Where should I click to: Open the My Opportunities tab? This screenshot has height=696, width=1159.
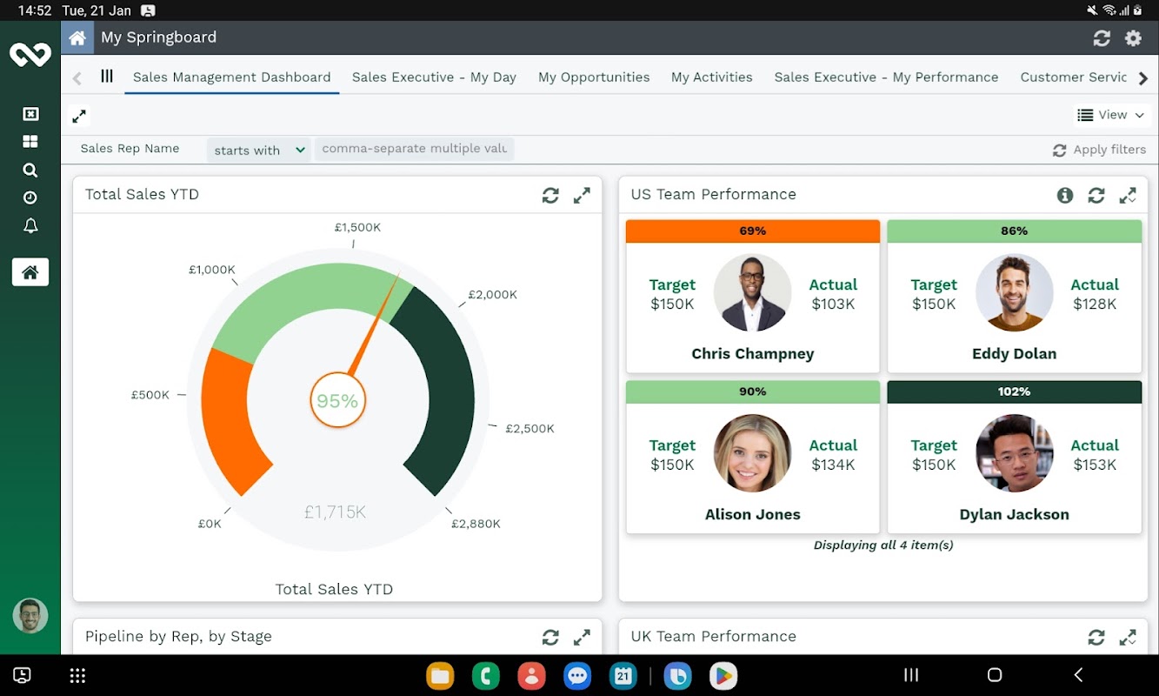point(594,77)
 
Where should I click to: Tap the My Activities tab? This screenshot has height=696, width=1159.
point(711,77)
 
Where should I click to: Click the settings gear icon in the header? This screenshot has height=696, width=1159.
point(1133,38)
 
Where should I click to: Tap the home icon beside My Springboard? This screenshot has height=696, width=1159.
point(77,38)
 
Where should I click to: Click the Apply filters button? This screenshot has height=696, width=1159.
point(1099,150)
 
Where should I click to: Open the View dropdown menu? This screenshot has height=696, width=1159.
point(1110,115)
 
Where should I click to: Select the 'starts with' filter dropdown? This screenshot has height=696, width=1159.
point(259,150)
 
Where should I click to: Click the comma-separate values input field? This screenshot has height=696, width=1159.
point(414,149)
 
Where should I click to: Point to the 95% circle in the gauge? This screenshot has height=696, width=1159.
point(337,401)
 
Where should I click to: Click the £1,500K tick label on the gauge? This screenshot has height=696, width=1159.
point(357,227)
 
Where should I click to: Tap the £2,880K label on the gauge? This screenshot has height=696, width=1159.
point(476,524)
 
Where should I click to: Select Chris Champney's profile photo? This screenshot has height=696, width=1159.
point(752,293)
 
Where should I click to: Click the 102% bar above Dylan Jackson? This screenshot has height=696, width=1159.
point(1014,391)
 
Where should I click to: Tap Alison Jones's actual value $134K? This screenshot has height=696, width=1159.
point(833,465)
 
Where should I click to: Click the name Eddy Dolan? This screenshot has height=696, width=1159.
point(1014,354)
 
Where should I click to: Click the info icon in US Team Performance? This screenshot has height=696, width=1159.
point(1065,196)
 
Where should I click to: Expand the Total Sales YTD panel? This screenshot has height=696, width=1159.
point(582,196)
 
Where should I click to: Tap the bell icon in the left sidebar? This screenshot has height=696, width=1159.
point(30,226)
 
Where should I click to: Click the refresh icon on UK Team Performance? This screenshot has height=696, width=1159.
point(1096,638)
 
